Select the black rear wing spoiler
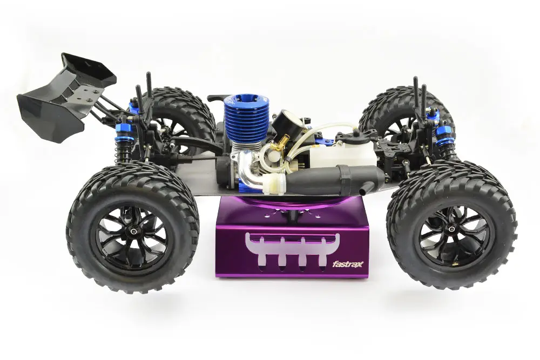[65, 98]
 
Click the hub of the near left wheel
[133, 232]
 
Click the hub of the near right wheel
[451, 228]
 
